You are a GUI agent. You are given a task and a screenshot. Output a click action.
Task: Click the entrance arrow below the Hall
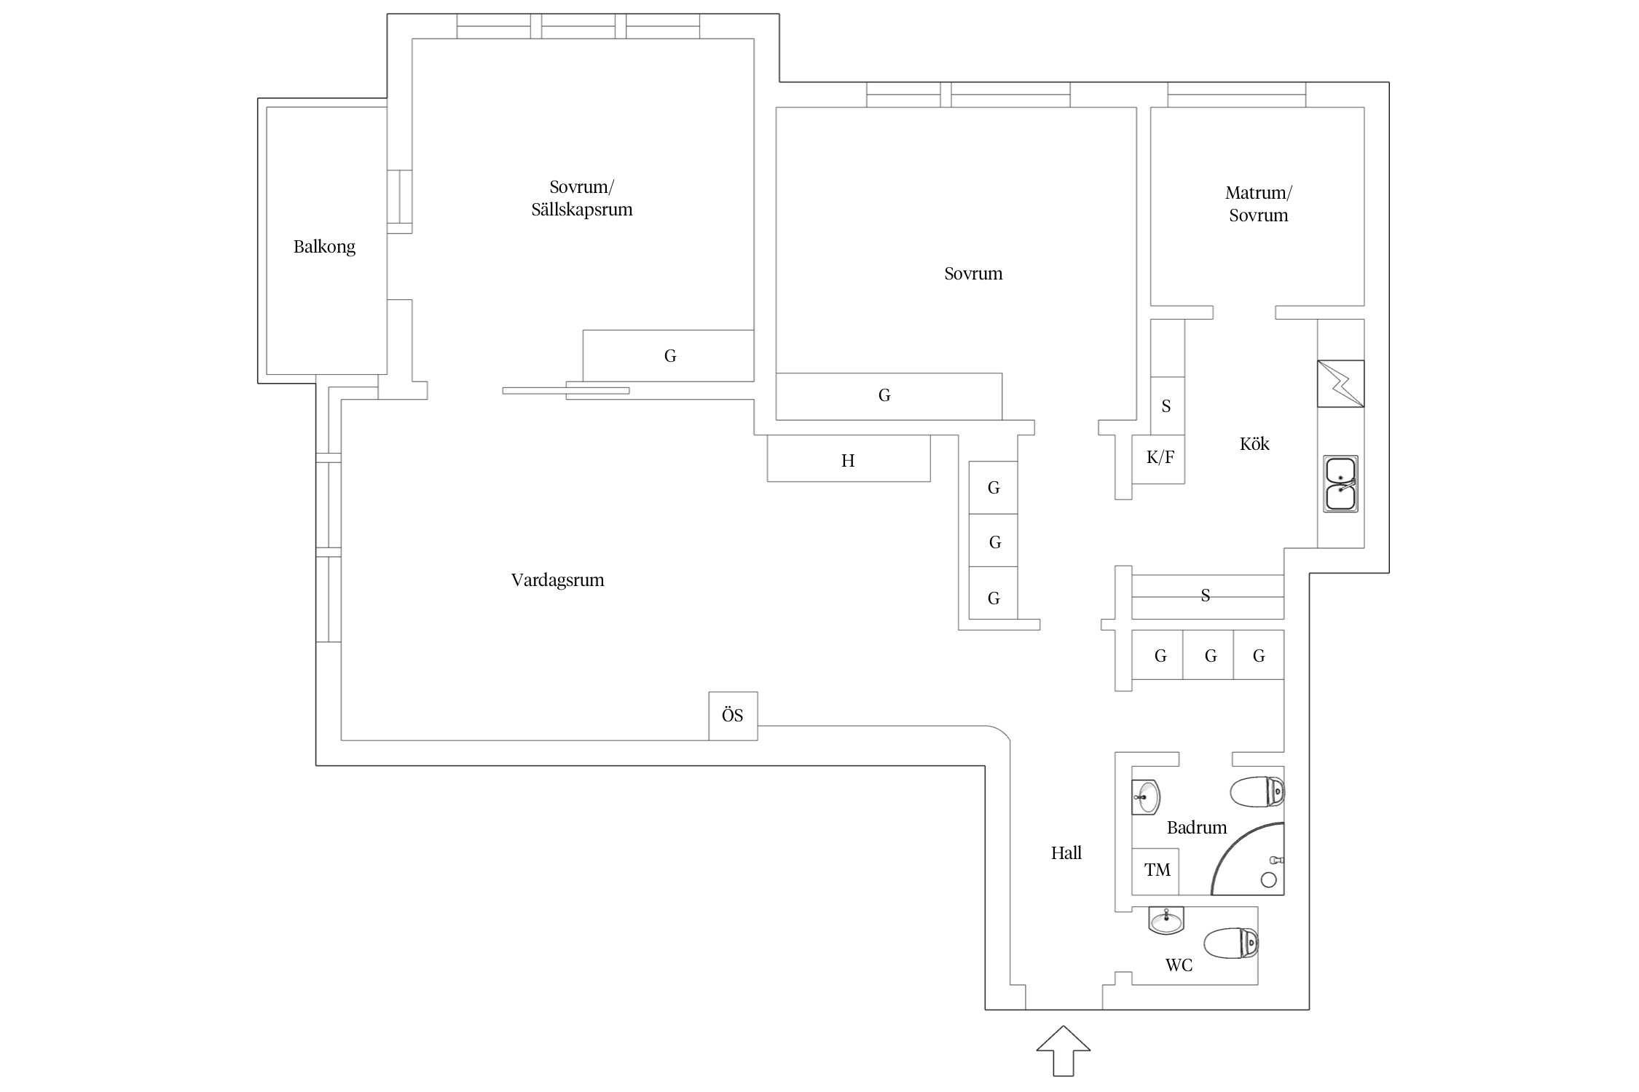click(x=1064, y=1051)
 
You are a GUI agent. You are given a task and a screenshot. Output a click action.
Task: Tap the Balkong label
click(x=324, y=247)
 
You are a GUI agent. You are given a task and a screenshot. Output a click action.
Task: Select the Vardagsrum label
click(x=557, y=580)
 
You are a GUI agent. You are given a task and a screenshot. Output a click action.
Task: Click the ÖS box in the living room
click(x=733, y=716)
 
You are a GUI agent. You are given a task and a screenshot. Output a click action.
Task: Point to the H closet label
click(x=848, y=460)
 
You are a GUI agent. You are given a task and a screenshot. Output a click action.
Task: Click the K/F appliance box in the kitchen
click(x=1158, y=459)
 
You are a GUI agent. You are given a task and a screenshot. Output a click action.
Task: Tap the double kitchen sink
click(x=1340, y=484)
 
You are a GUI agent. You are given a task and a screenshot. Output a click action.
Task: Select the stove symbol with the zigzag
click(x=1340, y=384)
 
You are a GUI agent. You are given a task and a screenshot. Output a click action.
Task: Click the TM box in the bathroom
click(x=1155, y=871)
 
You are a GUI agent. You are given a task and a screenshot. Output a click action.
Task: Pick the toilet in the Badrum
click(x=1257, y=792)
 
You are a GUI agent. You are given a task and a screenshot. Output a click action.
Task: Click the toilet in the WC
click(x=1231, y=943)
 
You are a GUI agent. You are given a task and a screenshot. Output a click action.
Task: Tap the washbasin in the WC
click(x=1167, y=920)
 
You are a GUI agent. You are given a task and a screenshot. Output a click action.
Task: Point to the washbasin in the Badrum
click(x=1146, y=797)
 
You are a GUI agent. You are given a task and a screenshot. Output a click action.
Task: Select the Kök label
click(x=1254, y=444)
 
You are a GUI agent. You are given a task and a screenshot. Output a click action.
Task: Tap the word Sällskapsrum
click(x=582, y=210)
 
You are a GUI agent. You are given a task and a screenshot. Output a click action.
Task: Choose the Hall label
click(x=1066, y=853)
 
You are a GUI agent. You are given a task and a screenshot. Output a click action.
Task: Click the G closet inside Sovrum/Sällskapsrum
click(x=668, y=355)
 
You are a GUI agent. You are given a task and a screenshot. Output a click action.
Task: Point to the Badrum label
click(x=1197, y=828)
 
